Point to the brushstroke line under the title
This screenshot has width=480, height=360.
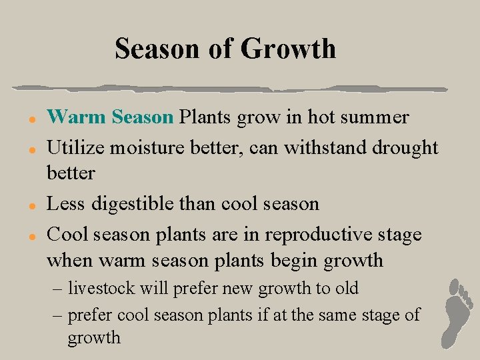(230, 88)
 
